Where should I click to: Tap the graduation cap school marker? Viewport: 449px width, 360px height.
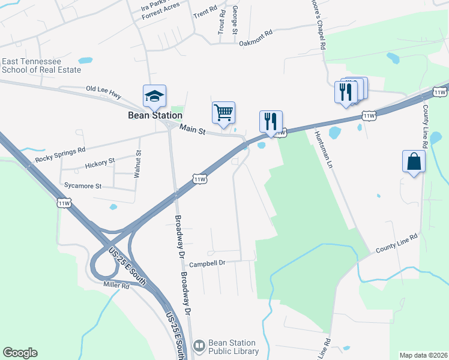(x=154, y=96)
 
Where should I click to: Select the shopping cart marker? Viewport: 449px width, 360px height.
(x=223, y=112)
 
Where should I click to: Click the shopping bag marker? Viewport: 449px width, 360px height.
(x=414, y=161)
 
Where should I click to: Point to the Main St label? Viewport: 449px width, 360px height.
(x=192, y=129)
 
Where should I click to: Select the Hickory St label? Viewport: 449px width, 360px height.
(x=100, y=162)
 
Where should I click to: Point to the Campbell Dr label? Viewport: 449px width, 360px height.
(x=206, y=263)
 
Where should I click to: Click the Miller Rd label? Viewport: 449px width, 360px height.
(x=116, y=286)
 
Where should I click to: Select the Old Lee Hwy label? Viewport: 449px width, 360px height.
(x=103, y=88)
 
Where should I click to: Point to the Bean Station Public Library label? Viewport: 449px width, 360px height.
(x=233, y=347)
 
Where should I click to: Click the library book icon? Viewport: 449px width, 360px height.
(x=199, y=346)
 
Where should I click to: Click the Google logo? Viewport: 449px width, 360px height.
(x=20, y=353)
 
